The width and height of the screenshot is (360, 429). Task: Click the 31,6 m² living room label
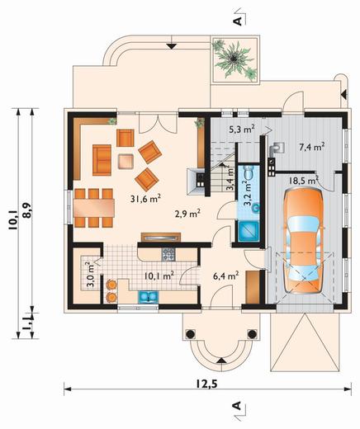coord(145,199)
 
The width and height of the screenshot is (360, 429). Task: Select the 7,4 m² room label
coord(311,147)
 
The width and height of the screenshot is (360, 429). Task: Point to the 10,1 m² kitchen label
coord(159,276)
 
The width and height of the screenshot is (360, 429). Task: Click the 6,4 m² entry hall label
coord(225,276)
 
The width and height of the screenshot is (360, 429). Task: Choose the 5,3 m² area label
coord(242,129)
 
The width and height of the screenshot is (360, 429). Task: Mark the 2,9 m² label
coord(187,213)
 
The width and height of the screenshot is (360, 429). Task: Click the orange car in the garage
coord(304,241)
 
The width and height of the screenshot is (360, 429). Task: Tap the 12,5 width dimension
coord(206,384)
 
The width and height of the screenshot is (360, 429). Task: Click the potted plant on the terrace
coord(234,59)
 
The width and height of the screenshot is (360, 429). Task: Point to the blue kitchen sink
coord(149,297)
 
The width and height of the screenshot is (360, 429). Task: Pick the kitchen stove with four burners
coord(168,254)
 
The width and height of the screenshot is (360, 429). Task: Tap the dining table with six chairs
coord(94,208)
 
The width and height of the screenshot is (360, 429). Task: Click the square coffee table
coord(126,161)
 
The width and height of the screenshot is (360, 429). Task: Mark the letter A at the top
coord(239,21)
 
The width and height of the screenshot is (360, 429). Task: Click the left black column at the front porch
coord(190,333)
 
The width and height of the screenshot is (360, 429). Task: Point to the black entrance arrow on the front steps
coord(222,361)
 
